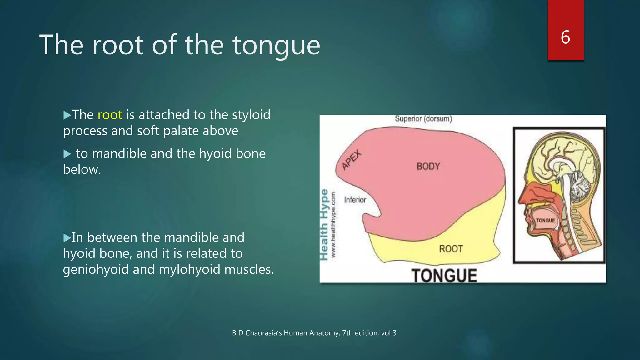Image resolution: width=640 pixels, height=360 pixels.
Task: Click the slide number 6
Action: [x=565, y=37]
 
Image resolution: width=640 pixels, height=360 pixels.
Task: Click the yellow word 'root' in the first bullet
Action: [x=110, y=115]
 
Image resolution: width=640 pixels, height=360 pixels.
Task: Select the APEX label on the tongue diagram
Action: [x=352, y=160]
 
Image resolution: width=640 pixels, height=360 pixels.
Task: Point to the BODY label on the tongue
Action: [x=428, y=166]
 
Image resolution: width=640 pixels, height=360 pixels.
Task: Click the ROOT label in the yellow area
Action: [x=451, y=249]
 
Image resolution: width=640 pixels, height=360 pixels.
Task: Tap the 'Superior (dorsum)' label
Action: [x=423, y=119]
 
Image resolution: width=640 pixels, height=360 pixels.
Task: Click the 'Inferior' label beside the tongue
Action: [x=355, y=200]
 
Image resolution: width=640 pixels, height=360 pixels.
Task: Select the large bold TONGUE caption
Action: [x=444, y=276]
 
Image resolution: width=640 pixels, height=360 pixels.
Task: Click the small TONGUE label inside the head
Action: [x=545, y=221]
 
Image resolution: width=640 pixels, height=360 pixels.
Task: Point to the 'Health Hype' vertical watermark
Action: [x=324, y=224]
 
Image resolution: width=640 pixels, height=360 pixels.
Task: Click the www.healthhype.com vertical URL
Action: [x=333, y=224]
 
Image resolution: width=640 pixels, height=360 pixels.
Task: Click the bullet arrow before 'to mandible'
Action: [x=67, y=154]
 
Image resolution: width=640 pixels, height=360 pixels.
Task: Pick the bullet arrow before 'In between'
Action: [x=67, y=238]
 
